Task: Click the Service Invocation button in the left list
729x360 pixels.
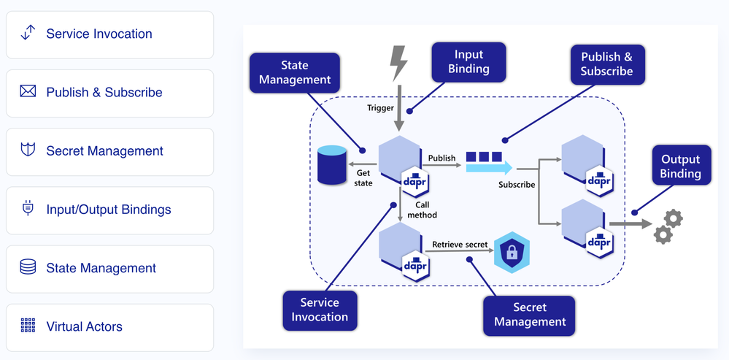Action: [109, 34]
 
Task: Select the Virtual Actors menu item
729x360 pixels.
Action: [109, 326]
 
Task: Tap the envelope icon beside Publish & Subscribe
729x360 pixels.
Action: [28, 92]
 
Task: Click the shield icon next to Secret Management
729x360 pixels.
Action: [28, 150]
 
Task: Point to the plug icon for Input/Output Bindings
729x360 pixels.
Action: [28, 209]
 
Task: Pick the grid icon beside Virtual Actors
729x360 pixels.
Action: [28, 326]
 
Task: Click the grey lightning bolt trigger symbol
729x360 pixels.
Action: [398, 63]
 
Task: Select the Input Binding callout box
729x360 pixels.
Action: [468, 61]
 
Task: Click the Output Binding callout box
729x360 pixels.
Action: [680, 166]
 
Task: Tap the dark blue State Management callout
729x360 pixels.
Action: [295, 72]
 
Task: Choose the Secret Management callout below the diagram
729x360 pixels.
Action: [530, 314]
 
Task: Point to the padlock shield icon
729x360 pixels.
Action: [512, 253]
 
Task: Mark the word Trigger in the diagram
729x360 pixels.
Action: [380, 108]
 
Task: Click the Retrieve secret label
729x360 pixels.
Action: [460, 245]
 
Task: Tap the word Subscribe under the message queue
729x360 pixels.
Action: [517, 185]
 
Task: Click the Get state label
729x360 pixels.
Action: [363, 178]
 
